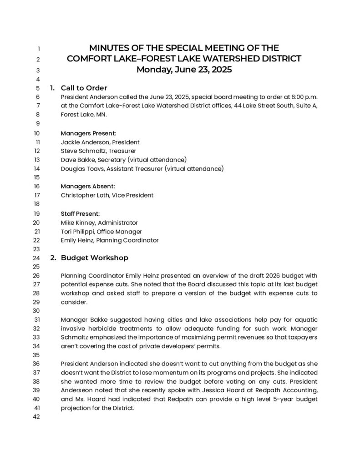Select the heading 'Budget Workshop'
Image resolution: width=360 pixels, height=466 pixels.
tap(94, 258)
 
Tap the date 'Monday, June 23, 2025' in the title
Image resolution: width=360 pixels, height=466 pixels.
tap(184, 70)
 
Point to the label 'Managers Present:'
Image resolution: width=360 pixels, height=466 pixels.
tap(88, 133)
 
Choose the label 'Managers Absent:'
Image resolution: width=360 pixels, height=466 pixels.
tap(88, 186)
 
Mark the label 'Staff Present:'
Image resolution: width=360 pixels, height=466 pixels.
tap(80, 213)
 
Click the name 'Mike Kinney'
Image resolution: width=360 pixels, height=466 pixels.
tap(77, 223)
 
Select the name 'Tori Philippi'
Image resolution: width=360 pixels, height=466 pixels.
tap(77, 232)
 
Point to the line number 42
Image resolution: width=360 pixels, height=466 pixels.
tap(37, 417)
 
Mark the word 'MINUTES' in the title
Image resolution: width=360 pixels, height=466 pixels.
tap(108, 48)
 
